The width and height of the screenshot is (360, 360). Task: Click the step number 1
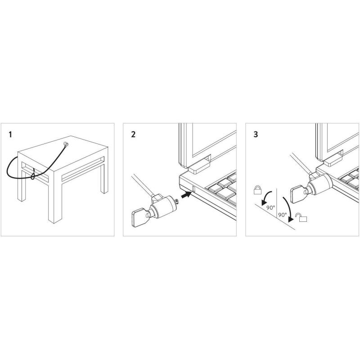point(10,135)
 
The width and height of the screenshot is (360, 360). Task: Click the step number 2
point(133,135)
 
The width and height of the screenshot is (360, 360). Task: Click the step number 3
point(256,135)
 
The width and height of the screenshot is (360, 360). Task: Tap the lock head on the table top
point(66,144)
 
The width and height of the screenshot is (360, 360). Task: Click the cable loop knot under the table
point(33,175)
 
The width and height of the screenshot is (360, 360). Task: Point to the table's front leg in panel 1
point(55,197)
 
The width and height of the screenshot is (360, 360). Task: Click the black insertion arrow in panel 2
point(186,195)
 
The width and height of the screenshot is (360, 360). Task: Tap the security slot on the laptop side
point(193,189)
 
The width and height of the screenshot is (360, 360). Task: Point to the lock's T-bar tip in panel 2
point(177,201)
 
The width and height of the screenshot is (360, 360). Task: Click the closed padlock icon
point(257,190)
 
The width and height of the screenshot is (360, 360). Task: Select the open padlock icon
point(301,217)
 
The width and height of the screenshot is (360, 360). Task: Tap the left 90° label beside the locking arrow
point(271,207)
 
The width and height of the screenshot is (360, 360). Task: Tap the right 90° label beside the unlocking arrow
point(283,215)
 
